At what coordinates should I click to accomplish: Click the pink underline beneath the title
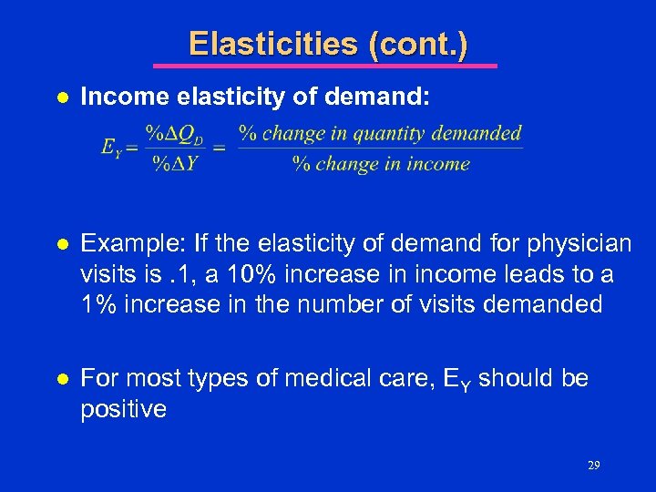click(324, 66)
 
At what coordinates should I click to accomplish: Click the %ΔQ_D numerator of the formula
click(178, 133)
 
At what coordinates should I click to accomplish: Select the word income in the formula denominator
click(440, 164)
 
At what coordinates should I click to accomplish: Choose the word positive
click(124, 409)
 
